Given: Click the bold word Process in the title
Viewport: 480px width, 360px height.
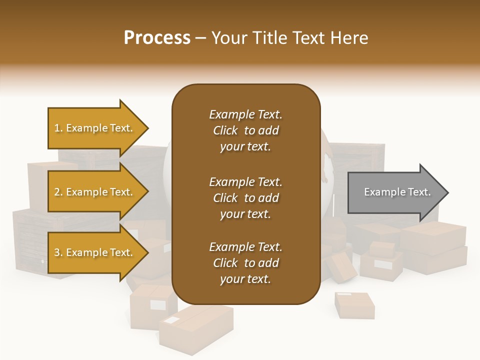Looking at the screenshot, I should [x=157, y=38].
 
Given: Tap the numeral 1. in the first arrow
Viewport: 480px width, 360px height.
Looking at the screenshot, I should [x=58, y=128].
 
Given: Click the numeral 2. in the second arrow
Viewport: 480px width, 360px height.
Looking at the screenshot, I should [x=58, y=192].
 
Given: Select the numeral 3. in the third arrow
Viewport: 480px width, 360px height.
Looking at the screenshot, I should [x=58, y=252].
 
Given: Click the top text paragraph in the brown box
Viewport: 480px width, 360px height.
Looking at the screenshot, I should [x=245, y=130].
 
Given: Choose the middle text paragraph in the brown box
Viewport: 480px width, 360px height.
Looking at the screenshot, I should [x=245, y=198].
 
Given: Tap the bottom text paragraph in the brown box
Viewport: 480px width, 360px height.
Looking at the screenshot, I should [x=245, y=263].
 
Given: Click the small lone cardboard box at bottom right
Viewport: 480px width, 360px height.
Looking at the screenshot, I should [x=354, y=305].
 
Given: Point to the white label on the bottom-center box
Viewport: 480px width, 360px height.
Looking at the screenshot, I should [x=172, y=320].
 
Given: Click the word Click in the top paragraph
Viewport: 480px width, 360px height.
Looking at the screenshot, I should [x=225, y=130].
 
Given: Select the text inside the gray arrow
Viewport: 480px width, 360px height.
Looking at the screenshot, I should [x=397, y=192].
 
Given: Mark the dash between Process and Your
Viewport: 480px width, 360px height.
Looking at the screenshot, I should [x=200, y=38].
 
